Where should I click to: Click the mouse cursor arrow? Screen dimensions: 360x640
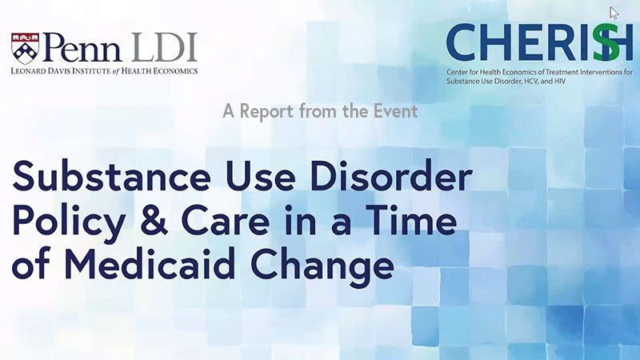[x=614, y=13]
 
